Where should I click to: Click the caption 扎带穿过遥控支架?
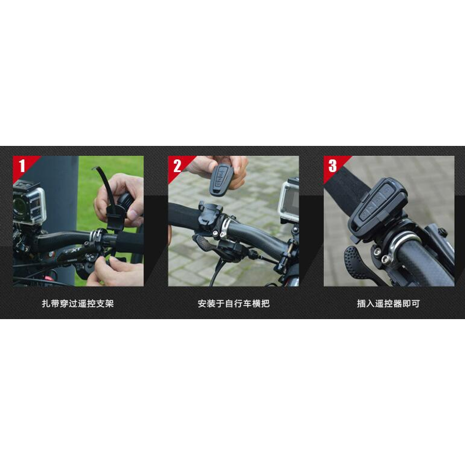pyautogui.click(x=78, y=303)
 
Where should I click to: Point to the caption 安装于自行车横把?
pyautogui.click(x=234, y=303)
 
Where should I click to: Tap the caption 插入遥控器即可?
pyautogui.click(x=388, y=303)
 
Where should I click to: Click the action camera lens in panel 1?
pyautogui.click(x=20, y=205)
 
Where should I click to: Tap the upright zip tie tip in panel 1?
pyautogui.click(x=94, y=169)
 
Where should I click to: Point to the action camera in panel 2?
pyautogui.click(x=288, y=199)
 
